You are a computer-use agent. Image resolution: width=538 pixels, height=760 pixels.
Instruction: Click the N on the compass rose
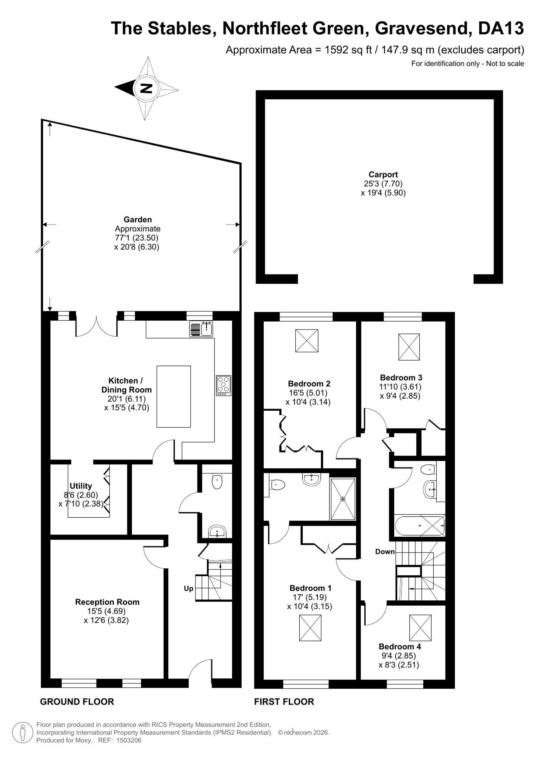coord(146,88)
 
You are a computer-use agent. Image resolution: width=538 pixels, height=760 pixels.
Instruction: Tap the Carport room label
coord(383,174)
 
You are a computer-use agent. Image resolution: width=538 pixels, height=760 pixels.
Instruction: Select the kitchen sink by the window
coord(201,329)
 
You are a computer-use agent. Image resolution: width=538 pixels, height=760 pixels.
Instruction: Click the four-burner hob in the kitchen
coord(224,385)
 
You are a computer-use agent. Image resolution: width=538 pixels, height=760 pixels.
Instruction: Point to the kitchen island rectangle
coord(174,396)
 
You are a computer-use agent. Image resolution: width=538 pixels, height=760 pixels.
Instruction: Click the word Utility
coord(80,486)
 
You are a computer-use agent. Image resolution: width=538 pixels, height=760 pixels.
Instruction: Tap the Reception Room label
coord(107,602)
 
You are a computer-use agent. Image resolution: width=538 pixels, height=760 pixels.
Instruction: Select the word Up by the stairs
coord(189,588)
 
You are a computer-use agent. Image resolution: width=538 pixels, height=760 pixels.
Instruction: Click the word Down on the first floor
coord(385,551)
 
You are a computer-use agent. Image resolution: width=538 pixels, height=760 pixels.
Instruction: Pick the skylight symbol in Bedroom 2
coord(306,340)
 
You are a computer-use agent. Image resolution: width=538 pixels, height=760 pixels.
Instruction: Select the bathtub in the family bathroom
coord(419,526)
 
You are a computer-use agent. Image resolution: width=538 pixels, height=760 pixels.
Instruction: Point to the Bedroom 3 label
coord(401,377)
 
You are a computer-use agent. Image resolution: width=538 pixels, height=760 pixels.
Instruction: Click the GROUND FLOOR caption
coord(77,701)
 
